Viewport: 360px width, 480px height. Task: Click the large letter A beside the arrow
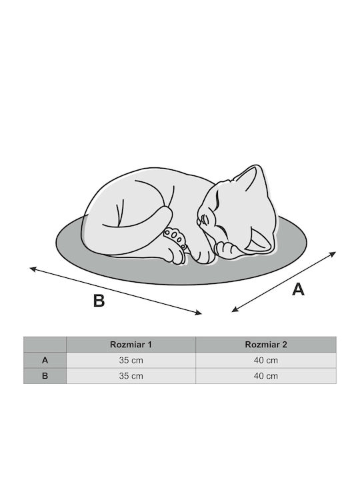(x=298, y=289)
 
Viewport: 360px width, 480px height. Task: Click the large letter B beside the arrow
(x=99, y=301)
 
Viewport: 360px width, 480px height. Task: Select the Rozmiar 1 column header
(x=131, y=345)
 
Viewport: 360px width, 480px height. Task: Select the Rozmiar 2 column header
(x=266, y=345)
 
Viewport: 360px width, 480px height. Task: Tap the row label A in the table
(x=45, y=360)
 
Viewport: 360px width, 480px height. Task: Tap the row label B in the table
(x=45, y=375)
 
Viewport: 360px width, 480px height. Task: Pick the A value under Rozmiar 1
(x=131, y=360)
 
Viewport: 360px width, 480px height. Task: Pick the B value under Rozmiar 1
(x=131, y=375)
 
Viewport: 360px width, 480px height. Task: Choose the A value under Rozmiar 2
(x=266, y=360)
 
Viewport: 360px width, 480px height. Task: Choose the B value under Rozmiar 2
(x=266, y=375)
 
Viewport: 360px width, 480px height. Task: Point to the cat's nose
(x=199, y=221)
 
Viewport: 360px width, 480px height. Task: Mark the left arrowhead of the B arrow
(x=33, y=269)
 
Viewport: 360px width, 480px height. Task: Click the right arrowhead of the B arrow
(x=199, y=312)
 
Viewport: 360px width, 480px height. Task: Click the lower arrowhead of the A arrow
(x=235, y=310)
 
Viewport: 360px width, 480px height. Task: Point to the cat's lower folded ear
(x=259, y=240)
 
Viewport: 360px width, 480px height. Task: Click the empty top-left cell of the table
(x=45, y=345)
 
